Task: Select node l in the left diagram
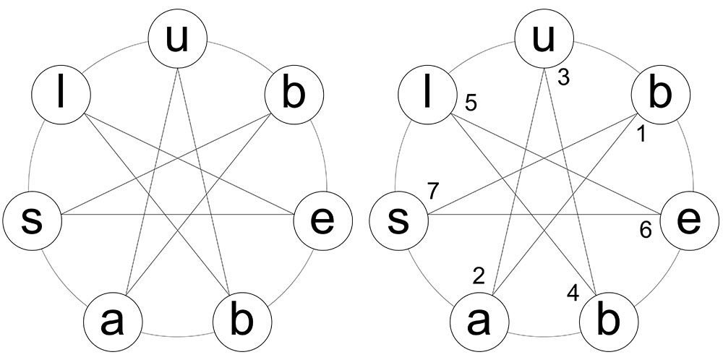tap(61, 97)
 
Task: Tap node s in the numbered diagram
tap(398, 220)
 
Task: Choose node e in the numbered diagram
tap(691, 220)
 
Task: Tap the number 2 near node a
tap(478, 275)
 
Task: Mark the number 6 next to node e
tap(646, 230)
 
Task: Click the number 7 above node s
tap(434, 192)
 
